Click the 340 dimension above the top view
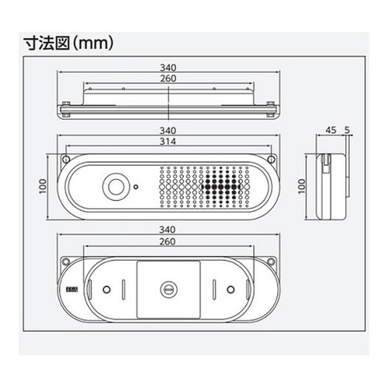(x=168, y=68)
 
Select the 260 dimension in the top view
(x=168, y=78)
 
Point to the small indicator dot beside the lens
(x=136, y=186)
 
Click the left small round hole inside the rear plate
(x=106, y=289)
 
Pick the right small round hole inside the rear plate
(x=231, y=289)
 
